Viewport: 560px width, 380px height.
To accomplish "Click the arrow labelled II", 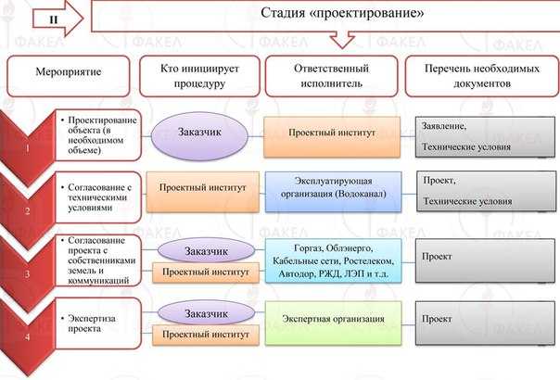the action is [x=57, y=19].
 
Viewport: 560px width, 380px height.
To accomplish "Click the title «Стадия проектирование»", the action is [x=342, y=13].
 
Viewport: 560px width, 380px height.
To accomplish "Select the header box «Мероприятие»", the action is [x=69, y=76].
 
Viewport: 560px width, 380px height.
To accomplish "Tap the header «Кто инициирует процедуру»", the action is [x=199, y=76].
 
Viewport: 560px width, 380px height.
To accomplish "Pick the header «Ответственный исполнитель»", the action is [x=331, y=76].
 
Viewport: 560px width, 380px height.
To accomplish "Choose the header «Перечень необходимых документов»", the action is [x=482, y=76].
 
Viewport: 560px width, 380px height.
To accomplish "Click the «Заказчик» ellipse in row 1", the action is [x=199, y=136].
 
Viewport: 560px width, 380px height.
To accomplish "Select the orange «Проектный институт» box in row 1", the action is [x=332, y=137].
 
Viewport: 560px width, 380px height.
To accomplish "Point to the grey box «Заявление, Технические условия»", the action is [x=485, y=137].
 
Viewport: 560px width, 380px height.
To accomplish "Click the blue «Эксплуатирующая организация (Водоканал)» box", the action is [x=333, y=192].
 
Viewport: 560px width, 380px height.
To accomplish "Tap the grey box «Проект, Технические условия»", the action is [x=486, y=192].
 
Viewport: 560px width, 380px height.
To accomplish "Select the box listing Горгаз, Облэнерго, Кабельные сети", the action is [x=333, y=260].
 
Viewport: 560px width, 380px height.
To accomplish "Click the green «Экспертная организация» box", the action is [x=333, y=323].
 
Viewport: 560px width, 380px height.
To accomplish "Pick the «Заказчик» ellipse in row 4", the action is [x=206, y=313].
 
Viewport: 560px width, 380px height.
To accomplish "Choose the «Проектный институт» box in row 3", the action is [x=206, y=272].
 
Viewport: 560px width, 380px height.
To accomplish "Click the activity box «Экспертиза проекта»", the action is [x=98, y=323].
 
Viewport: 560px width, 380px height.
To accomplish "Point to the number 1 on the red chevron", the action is [x=27, y=148].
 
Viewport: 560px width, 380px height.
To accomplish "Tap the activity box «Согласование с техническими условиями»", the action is [x=98, y=197].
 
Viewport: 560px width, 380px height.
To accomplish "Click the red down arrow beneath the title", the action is [x=342, y=40].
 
